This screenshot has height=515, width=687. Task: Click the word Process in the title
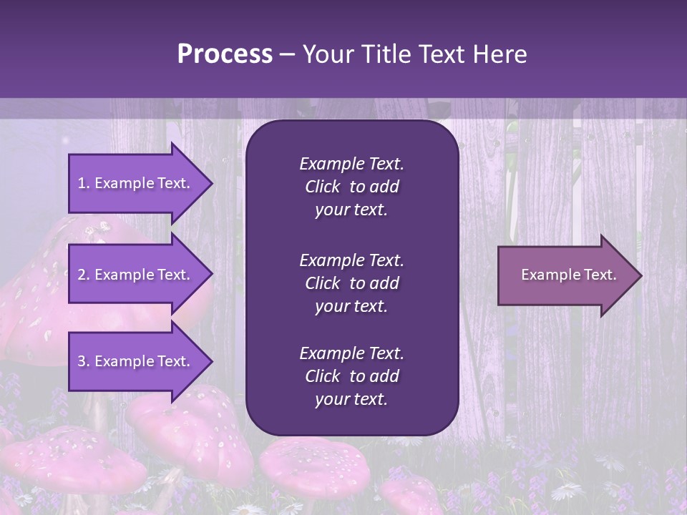225,54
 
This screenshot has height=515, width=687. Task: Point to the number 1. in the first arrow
84,183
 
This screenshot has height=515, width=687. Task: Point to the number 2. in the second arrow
84,275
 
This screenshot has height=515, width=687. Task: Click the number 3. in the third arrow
84,361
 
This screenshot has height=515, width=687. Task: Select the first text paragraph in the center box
351,187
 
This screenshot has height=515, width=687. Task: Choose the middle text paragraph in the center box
351,283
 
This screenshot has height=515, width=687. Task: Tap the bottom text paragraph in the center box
351,376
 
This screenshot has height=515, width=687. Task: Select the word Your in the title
326,54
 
